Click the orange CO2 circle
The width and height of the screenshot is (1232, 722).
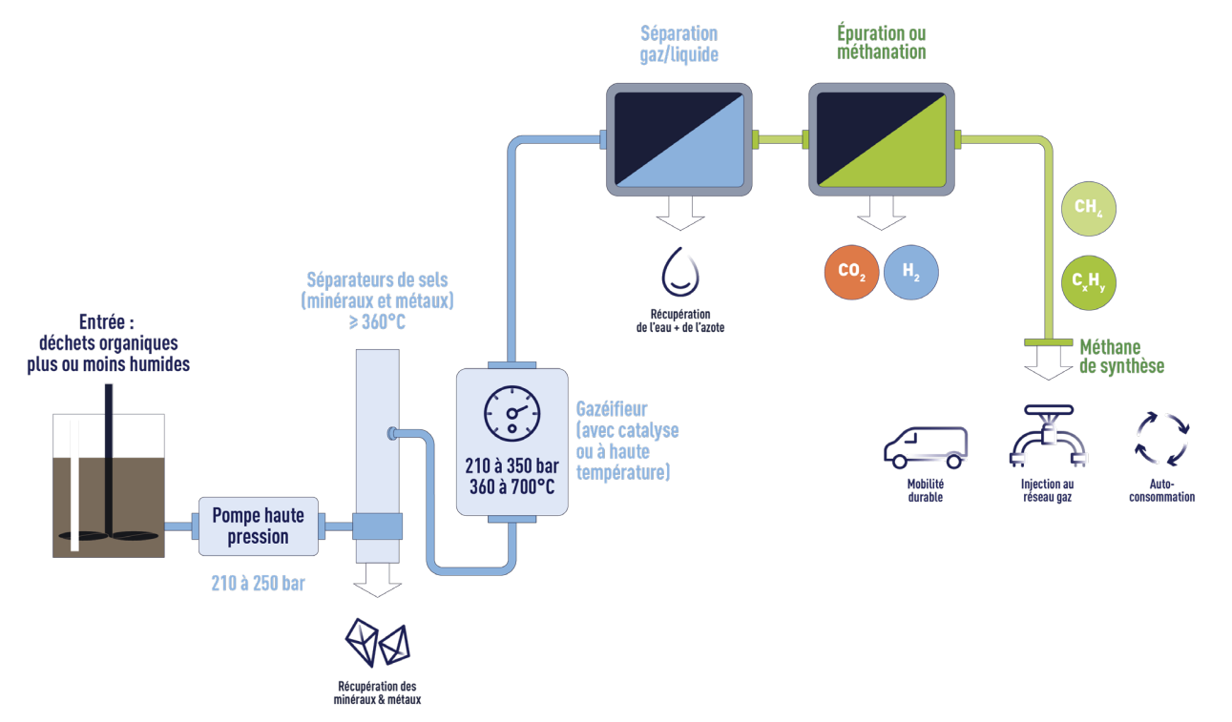(851, 271)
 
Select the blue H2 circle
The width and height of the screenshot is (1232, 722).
(911, 271)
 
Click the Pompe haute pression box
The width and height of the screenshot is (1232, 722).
(258, 526)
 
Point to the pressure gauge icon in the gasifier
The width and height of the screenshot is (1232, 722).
(512, 413)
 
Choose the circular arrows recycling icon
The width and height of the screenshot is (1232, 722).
(1162, 439)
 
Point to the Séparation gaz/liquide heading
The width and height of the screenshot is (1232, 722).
(679, 44)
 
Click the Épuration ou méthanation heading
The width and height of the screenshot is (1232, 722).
(881, 44)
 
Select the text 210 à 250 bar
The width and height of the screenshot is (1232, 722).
(258, 583)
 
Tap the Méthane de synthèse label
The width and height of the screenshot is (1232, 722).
(1121, 357)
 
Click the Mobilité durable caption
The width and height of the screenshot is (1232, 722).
(925, 490)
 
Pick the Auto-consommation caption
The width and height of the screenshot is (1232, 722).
(1161, 490)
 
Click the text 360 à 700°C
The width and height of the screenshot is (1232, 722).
(512, 487)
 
